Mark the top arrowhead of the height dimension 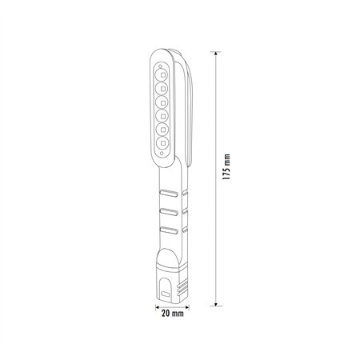pos(216,50)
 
